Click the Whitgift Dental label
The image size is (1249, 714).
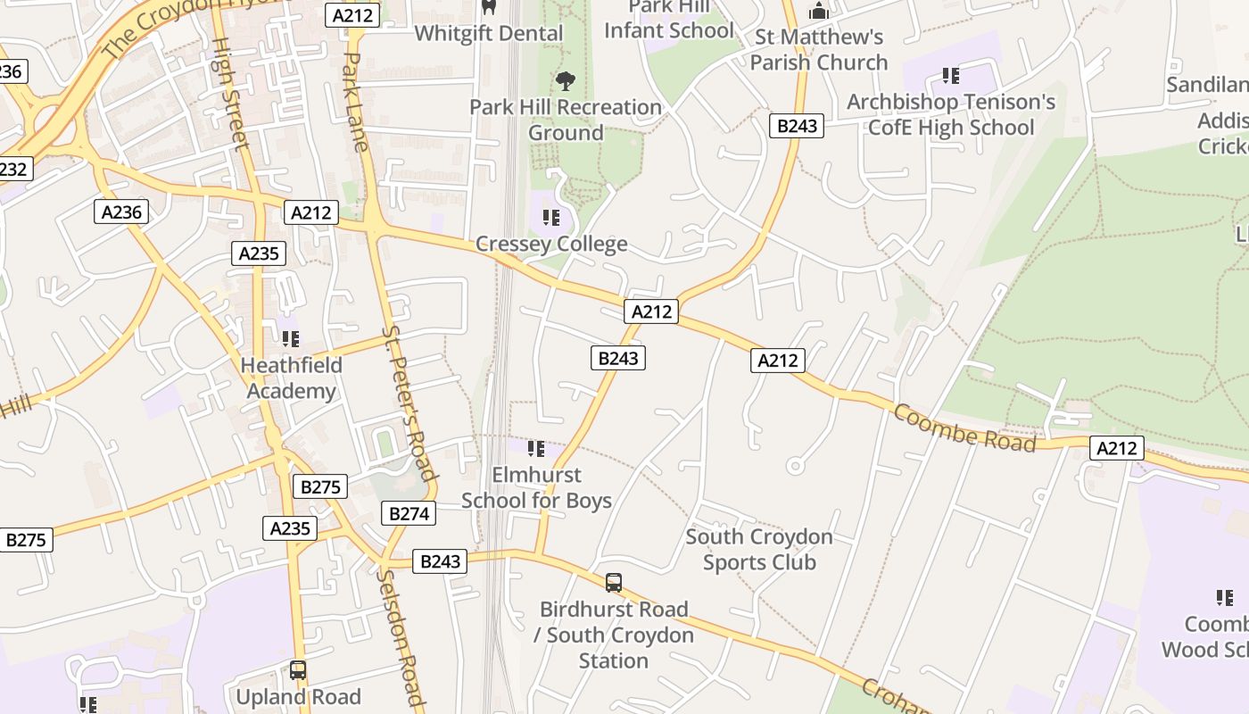point(489,34)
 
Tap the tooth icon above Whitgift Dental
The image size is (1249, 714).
point(488,7)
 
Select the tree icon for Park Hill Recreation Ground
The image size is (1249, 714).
point(565,81)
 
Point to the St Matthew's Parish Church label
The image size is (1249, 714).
point(819,50)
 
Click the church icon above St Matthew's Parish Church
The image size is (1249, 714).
point(818,12)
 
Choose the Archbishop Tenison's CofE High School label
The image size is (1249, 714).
point(951,115)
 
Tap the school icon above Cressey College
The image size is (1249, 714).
point(551,218)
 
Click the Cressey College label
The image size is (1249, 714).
point(551,244)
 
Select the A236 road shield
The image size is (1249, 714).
point(121,212)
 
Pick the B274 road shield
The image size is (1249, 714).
point(409,513)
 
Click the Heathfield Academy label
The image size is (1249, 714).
point(291,378)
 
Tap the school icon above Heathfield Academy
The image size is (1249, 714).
point(290,339)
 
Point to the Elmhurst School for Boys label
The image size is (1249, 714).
point(536,487)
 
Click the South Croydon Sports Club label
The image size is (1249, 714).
point(759,549)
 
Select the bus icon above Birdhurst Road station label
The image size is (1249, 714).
point(614,583)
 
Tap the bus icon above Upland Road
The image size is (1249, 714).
point(298,670)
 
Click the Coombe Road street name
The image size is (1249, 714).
point(964,428)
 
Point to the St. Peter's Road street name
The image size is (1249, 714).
point(409,402)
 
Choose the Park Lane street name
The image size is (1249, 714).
point(356,102)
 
